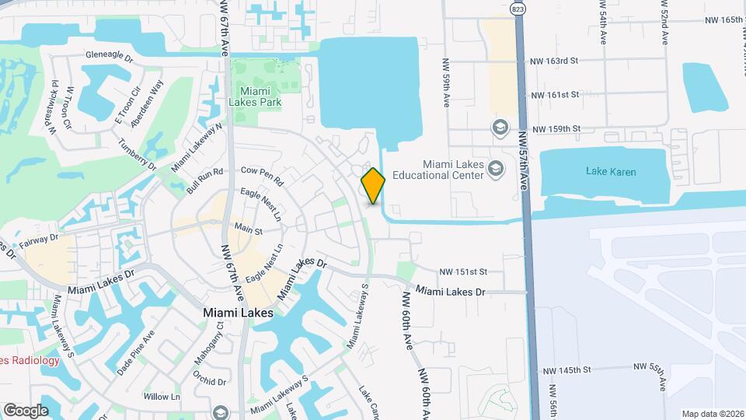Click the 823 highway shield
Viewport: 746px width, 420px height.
(x=518, y=7)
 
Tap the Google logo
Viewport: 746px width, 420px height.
(x=26, y=410)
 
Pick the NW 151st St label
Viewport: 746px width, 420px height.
(x=462, y=271)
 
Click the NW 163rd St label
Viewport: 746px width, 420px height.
(x=555, y=60)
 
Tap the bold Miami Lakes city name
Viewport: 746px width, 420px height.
(x=238, y=312)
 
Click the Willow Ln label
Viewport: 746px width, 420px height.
(x=162, y=397)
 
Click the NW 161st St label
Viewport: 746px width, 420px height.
(x=555, y=95)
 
